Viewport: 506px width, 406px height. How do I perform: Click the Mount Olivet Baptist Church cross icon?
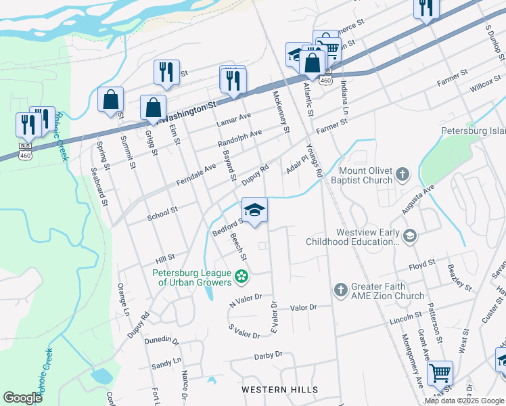402,175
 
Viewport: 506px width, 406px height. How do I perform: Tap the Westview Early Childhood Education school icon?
409,235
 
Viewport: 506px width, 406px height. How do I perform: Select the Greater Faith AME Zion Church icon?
340,290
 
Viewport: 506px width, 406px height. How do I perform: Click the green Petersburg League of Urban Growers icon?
240,276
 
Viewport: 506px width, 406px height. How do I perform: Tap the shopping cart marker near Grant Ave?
440,371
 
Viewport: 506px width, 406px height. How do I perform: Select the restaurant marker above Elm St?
166,72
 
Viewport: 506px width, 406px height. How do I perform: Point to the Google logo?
23,397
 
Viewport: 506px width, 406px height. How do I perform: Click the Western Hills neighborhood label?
279,390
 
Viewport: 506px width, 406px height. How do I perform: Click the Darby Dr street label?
267,355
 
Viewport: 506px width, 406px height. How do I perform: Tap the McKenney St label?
281,112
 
